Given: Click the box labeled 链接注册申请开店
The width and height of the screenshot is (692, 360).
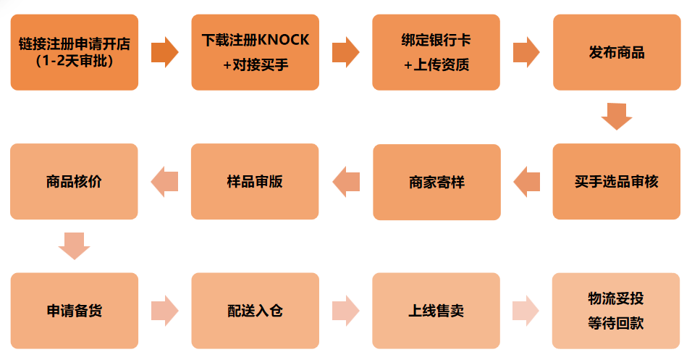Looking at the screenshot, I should pos(74,52).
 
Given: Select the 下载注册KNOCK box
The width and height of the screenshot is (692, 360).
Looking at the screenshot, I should pos(255,52).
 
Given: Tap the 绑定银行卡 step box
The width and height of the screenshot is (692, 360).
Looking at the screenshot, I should pos(436,52).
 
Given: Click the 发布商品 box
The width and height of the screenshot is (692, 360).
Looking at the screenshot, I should pos(617,52).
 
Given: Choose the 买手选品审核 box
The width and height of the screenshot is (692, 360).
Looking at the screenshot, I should pos(617,181).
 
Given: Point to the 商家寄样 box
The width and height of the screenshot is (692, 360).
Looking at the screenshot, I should pos(436,182).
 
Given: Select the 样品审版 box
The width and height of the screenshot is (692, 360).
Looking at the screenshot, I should pos(255,181).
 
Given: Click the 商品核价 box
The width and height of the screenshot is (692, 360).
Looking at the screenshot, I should pos(74,181).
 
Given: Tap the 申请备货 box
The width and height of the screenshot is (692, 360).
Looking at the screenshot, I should pos(74,311).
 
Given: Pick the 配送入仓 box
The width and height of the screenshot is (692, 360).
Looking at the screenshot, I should pos(255,311).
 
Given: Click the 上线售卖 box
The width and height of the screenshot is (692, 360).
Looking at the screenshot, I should pos(436,311).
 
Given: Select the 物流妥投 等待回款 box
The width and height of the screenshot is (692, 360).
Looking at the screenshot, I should pos(616,311).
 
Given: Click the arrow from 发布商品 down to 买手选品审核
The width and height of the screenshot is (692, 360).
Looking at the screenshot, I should pos(617,116).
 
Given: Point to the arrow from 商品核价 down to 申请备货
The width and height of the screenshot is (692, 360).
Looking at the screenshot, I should pos(74,246).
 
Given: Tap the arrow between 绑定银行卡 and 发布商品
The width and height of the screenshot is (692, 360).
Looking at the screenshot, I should pos(526,52).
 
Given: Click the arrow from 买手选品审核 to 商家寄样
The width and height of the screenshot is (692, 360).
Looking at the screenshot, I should pos(526,181).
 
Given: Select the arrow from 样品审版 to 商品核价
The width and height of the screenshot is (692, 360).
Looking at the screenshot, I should pos(164,181).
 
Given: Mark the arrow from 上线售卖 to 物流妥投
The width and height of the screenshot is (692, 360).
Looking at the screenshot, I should pos(526,311).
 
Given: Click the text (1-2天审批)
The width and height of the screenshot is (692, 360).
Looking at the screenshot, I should pos(74,60).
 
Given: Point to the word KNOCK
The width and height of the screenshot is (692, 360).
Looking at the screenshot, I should pos(283,40).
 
